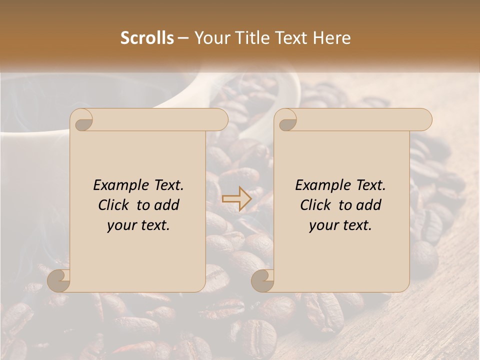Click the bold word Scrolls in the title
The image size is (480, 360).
[147, 38]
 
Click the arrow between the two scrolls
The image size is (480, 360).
[237, 199]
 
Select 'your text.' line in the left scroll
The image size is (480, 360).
[138, 225]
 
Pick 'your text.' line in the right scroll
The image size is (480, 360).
[340, 225]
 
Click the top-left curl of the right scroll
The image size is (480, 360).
[286, 120]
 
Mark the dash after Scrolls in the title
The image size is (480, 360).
[183, 38]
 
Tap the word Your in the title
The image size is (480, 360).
[210, 38]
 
